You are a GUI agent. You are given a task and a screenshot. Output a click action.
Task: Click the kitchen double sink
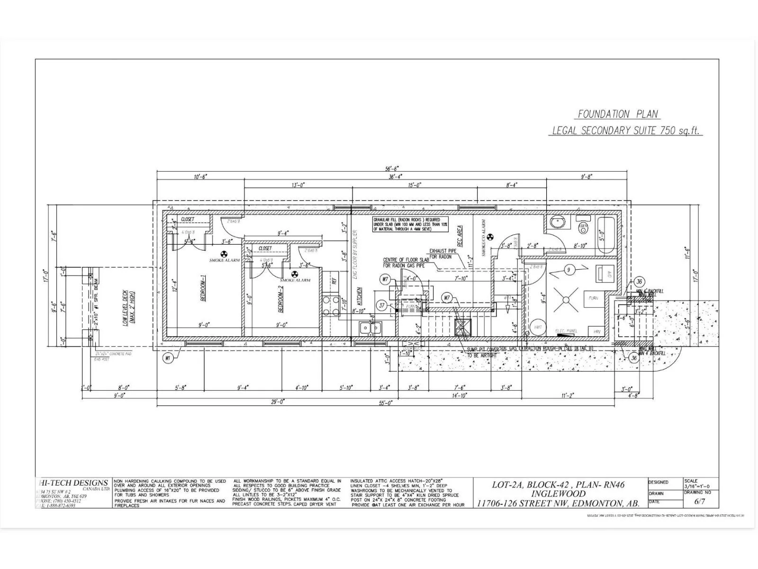coord(370,327)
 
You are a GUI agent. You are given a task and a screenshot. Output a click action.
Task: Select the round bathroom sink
coord(555,223)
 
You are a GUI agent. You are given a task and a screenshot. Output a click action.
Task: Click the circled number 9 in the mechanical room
coord(568,270)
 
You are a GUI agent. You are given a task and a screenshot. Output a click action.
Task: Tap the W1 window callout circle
coord(167,359)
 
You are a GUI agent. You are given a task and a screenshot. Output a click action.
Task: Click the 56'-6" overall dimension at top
coord(392,168)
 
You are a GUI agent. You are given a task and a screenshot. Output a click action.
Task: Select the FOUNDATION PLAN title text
coord(618,114)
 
